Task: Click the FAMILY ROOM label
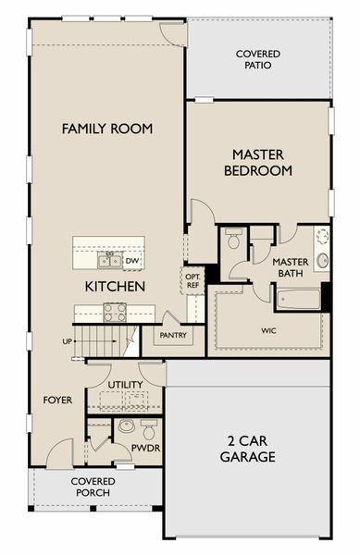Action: tap(107, 129)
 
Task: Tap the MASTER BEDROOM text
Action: tap(258, 163)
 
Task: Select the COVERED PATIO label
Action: tap(258, 59)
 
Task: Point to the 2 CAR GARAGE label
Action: tap(248, 449)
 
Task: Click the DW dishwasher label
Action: tap(132, 261)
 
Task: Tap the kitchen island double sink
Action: tap(110, 260)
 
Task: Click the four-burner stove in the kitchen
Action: tap(115, 313)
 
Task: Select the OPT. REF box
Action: tap(192, 280)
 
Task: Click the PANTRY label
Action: tap(173, 335)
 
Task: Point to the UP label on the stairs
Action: tap(68, 341)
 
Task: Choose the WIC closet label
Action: tap(269, 330)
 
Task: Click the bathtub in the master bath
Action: tap(298, 300)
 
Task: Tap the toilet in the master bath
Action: tap(233, 239)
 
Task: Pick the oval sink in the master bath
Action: tap(322, 261)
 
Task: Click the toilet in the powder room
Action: tap(149, 429)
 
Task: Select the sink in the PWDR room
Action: tap(126, 426)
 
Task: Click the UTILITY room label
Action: tap(125, 385)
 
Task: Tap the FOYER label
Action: tap(57, 401)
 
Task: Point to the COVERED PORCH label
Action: tap(93, 487)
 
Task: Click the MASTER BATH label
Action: tap(291, 267)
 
